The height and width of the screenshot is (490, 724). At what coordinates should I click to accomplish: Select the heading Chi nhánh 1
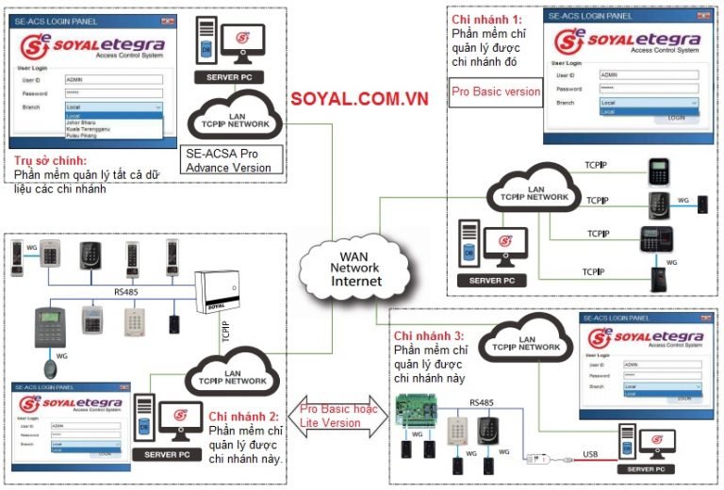pos(486,19)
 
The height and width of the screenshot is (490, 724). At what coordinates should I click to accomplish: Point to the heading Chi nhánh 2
pos(244,416)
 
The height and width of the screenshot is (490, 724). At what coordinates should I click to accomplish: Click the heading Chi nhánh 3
pos(429,336)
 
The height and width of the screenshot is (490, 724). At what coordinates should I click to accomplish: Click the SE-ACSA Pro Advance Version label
pos(229,160)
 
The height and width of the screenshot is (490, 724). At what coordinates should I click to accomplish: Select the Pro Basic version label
pos(496,92)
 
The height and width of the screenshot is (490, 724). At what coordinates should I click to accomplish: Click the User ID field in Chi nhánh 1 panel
pos(650,74)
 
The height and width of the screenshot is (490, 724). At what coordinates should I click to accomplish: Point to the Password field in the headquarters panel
pos(113,94)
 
